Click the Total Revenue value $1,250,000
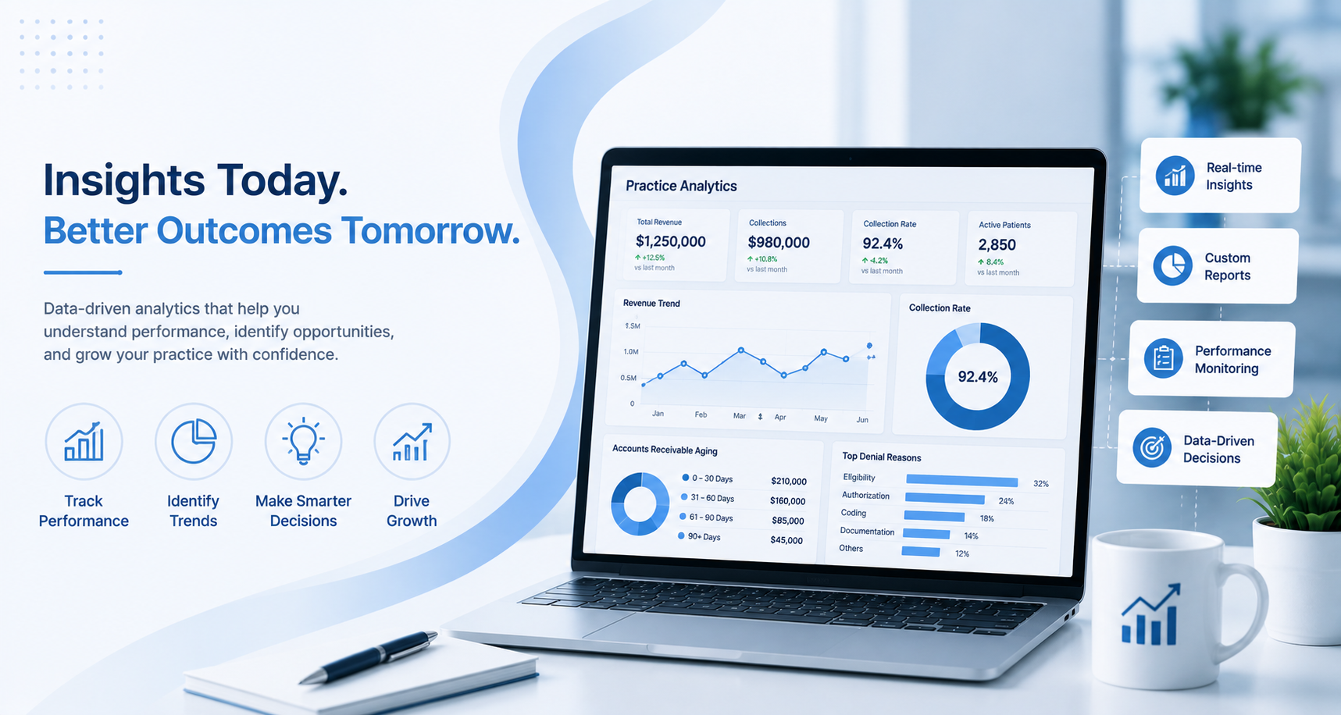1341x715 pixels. [670, 242]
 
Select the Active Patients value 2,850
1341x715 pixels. [997, 245]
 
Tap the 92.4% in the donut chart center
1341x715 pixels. [978, 377]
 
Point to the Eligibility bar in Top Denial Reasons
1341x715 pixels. [961, 481]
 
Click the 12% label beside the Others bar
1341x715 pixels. [962, 553]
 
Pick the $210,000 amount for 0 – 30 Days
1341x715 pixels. [788, 481]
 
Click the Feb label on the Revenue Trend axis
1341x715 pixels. [701, 414]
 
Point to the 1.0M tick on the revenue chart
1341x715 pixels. [630, 351]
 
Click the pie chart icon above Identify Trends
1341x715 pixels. [193, 441]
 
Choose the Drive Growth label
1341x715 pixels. [412, 510]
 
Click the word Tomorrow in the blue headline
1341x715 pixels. [430, 231]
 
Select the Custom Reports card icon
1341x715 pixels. [1172, 265]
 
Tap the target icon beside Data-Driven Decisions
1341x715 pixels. [1152, 447]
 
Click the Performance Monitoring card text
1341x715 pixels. [1232, 360]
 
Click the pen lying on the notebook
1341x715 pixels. [369, 657]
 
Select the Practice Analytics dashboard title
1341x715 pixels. [681, 186]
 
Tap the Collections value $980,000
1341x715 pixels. [779, 243]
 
